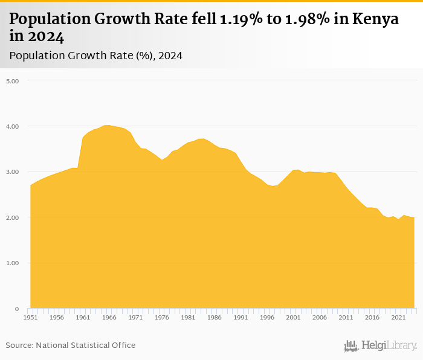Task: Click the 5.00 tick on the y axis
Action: (13, 80)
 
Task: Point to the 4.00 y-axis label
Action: (13, 126)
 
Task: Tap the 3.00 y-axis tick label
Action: (13, 172)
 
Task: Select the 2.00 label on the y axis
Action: (13, 217)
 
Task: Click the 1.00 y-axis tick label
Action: (13, 263)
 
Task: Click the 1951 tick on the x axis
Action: (31, 317)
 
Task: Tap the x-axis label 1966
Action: (109, 317)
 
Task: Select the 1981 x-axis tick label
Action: (189, 317)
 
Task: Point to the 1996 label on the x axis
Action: (267, 317)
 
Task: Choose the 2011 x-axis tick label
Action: (346, 317)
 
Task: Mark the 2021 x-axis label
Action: (398, 317)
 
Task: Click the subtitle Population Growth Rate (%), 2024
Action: (96, 56)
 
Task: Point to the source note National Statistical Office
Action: (71, 345)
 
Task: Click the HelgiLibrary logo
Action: (381, 346)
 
